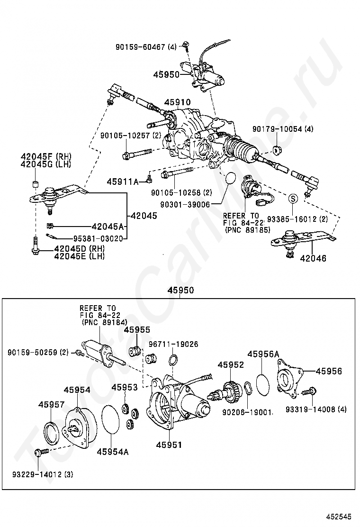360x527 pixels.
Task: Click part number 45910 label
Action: point(177,102)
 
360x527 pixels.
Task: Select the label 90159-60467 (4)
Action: point(146,47)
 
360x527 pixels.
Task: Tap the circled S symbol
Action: point(293,199)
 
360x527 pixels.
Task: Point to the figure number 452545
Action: point(337,516)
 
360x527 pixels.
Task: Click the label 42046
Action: point(313,258)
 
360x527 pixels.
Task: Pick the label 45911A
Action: point(123,182)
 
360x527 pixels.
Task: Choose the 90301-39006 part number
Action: point(180,204)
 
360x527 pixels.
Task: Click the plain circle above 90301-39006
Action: point(231,178)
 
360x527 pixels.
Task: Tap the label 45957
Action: point(51,405)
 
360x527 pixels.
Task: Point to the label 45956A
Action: point(263,354)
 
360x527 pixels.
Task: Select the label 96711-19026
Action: point(174,344)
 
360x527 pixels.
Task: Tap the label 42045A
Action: point(108,227)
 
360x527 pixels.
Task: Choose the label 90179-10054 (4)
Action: point(283,129)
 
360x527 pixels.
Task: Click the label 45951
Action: point(169,445)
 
